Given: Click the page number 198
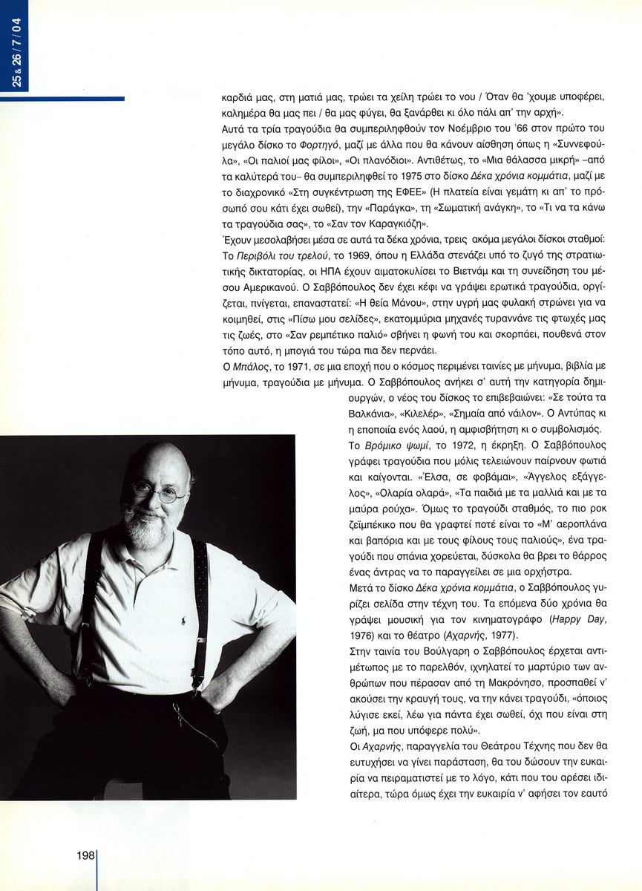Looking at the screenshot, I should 85,855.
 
